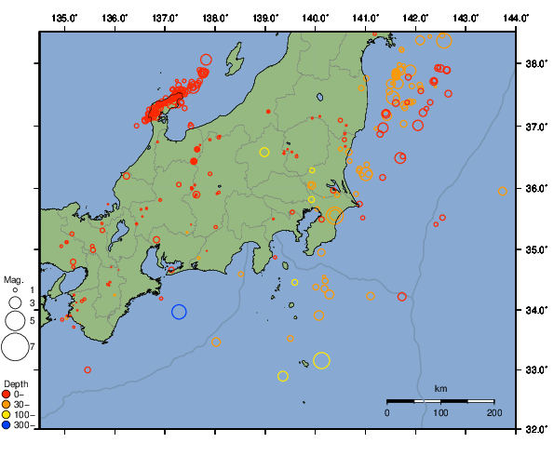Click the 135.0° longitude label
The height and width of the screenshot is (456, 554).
click(x=65, y=18)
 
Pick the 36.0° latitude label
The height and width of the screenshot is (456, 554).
click(x=535, y=189)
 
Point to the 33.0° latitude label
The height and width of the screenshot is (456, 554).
click(x=535, y=371)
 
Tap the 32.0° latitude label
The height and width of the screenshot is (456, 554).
click(x=535, y=431)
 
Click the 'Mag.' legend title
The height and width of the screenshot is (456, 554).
click(x=13, y=279)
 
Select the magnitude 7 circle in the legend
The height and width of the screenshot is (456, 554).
click(x=15, y=347)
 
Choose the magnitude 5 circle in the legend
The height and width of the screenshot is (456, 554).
click(x=15, y=321)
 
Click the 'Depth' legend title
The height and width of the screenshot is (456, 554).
click(x=15, y=383)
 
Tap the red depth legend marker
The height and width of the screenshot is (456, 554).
click(x=8, y=395)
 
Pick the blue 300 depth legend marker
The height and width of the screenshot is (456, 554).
click(x=8, y=425)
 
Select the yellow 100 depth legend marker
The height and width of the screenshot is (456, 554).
click(x=8, y=415)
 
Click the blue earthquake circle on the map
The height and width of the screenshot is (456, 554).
click(x=180, y=312)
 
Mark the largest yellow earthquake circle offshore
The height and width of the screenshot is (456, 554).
click(x=322, y=360)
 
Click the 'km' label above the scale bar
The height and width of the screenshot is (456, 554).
click(x=440, y=388)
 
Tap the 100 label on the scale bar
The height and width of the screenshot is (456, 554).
click(x=440, y=412)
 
